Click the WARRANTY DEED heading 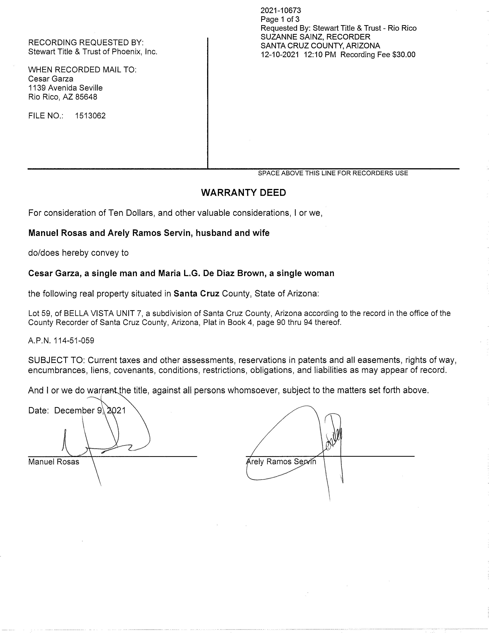pos(243,193)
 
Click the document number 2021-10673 pos(281,11)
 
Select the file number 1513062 pos(90,116)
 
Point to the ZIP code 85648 pos(86,97)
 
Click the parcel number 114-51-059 pos(74,340)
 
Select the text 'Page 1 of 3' pos(280,19)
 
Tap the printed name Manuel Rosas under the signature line pos(54,462)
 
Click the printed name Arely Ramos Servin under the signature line pos(281,462)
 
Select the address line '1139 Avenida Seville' pos(65,88)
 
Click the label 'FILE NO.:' pos(46,116)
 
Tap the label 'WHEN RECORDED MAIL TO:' pos(82,70)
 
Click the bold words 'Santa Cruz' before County pos(196,294)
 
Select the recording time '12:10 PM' pos(320,55)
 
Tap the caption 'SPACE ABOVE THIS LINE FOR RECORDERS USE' pos(333,173)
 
